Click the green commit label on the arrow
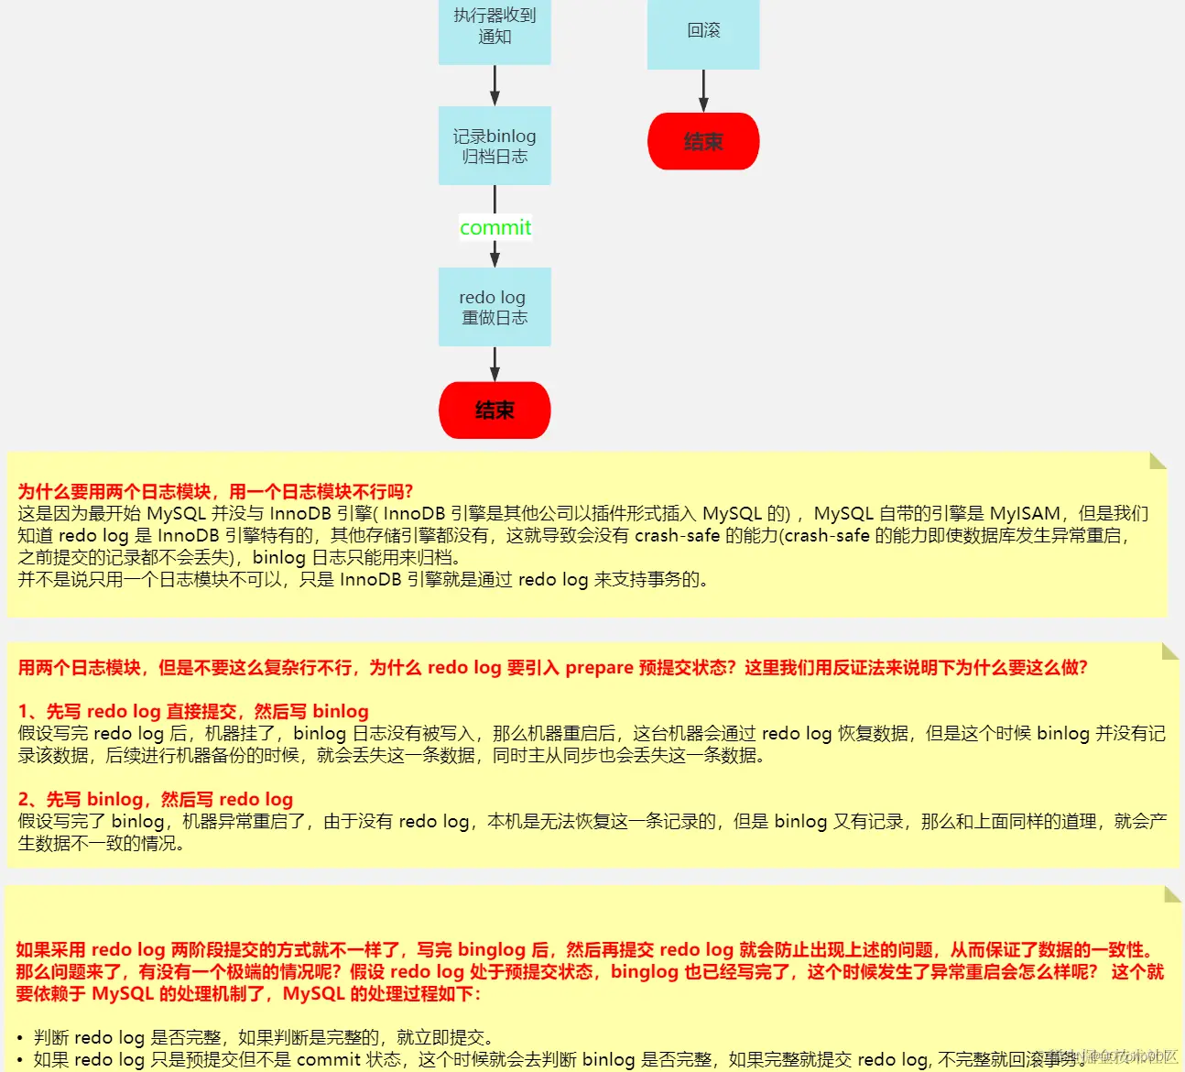point(495,227)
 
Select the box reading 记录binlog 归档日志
point(495,146)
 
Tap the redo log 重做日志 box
point(495,307)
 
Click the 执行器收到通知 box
point(495,27)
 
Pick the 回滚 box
point(703,32)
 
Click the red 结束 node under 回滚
point(703,141)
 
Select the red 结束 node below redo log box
point(495,410)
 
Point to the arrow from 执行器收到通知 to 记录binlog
point(495,85)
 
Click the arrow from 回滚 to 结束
point(703,91)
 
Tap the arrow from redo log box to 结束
point(495,364)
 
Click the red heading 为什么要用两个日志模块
point(215,492)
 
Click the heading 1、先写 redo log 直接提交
point(193,712)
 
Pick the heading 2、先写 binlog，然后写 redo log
point(156,800)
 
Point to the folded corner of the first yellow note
point(1158,460)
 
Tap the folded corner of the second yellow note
point(1169,651)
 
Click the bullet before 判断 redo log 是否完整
point(20,1038)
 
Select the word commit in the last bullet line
point(328,1060)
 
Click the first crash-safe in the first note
point(677,536)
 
